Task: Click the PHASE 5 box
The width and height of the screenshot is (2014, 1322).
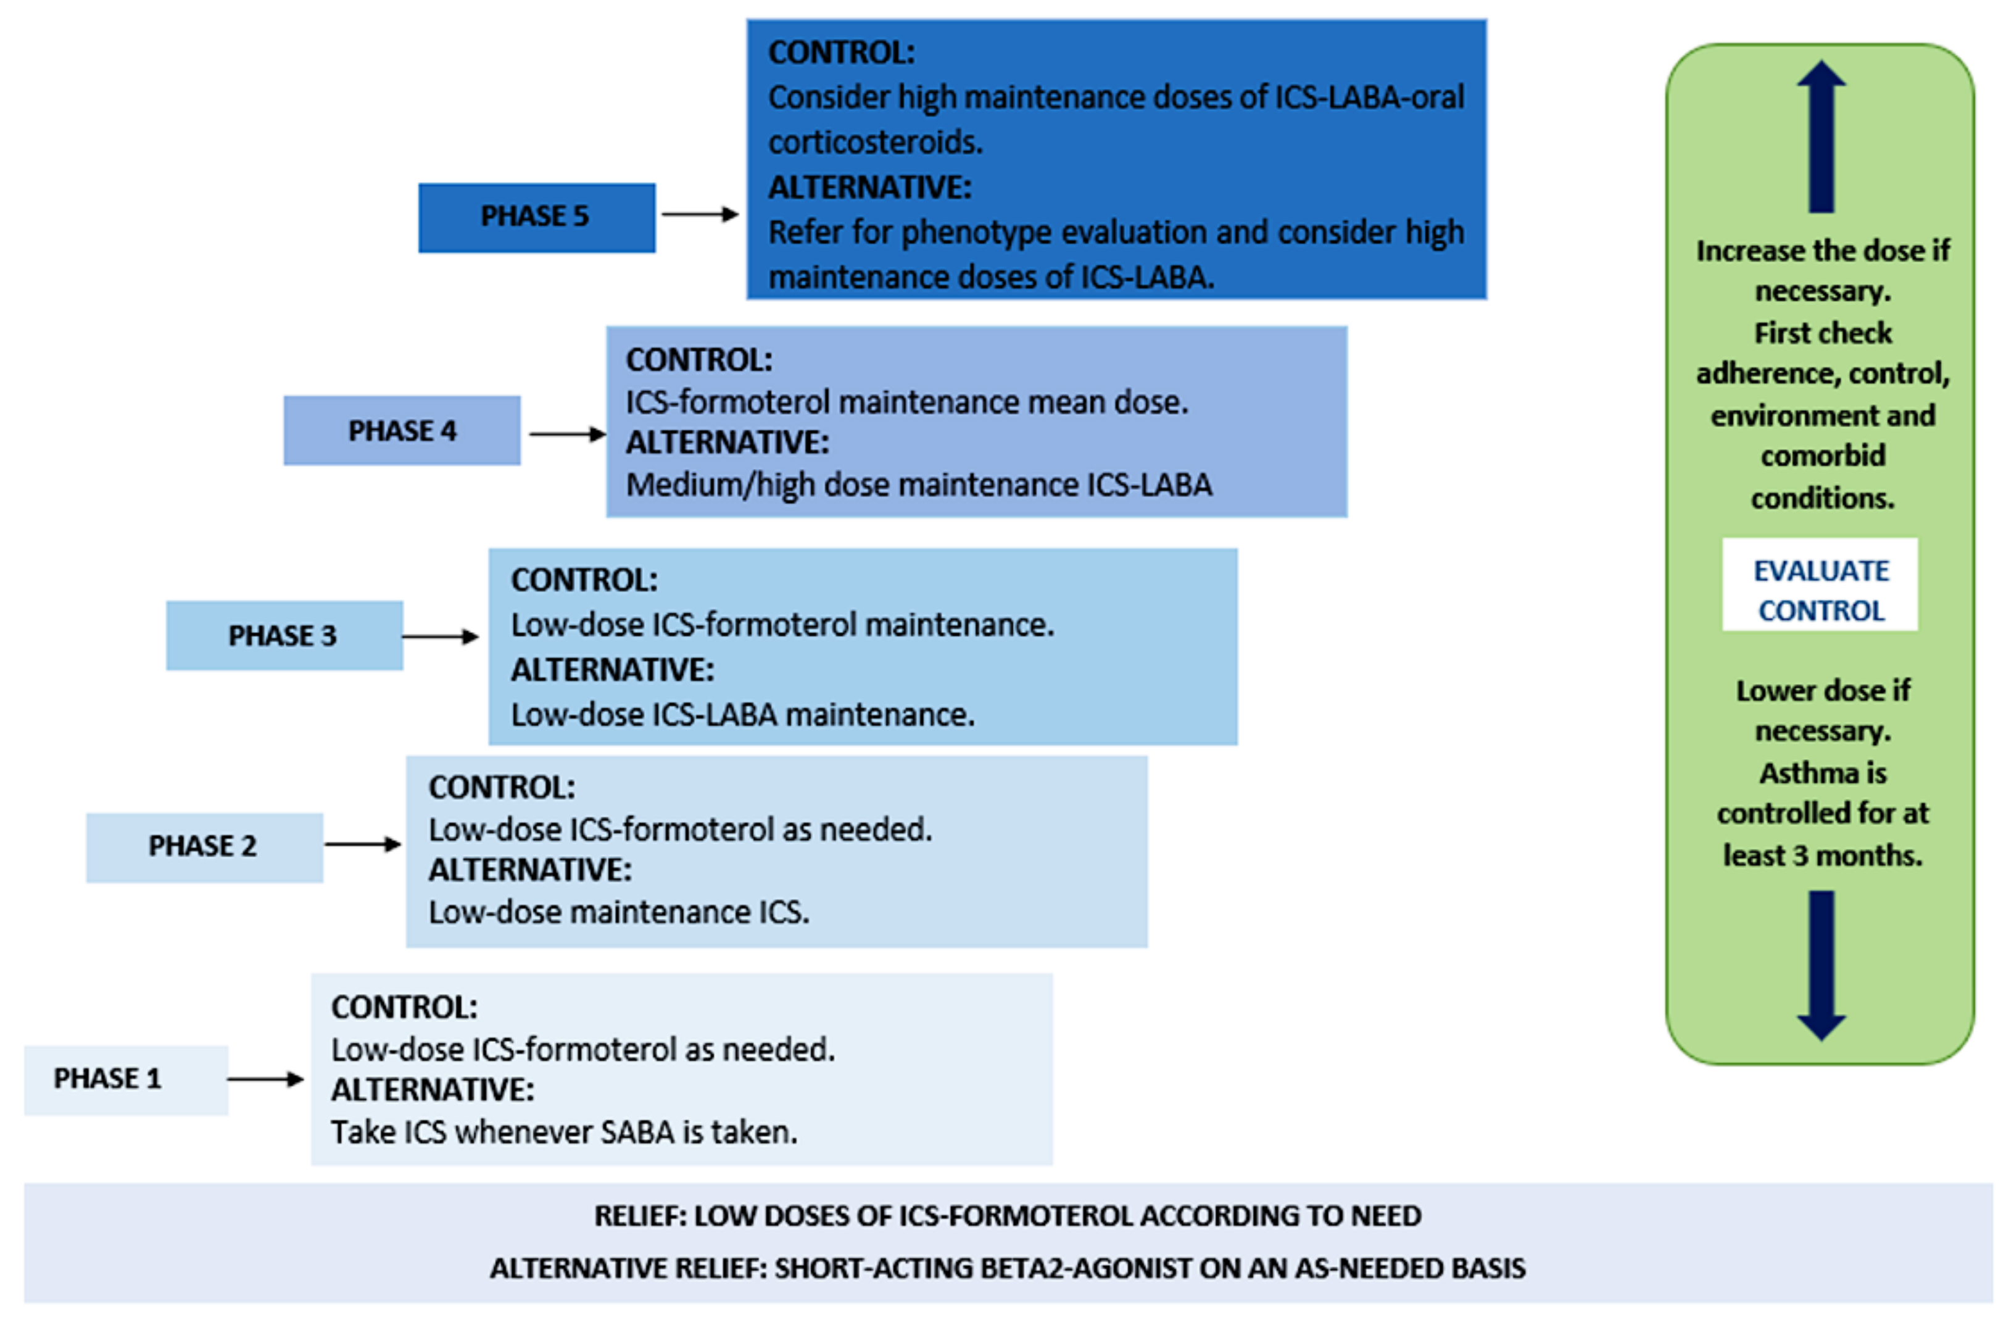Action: click(536, 217)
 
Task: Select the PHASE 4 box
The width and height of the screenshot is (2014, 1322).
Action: click(402, 430)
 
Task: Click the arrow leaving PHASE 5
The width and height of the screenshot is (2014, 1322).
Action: click(699, 214)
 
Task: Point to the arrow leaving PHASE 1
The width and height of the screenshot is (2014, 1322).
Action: click(265, 1079)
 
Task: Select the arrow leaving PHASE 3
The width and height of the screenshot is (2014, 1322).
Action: click(440, 636)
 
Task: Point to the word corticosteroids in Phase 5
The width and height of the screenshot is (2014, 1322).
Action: click(875, 142)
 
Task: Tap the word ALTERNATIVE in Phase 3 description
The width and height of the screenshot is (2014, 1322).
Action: click(612, 670)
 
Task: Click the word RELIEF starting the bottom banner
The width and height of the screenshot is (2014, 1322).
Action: click(640, 1216)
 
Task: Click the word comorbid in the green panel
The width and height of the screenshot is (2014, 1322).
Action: click(1823, 456)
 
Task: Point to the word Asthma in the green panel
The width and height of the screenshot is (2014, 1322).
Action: click(1823, 773)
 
